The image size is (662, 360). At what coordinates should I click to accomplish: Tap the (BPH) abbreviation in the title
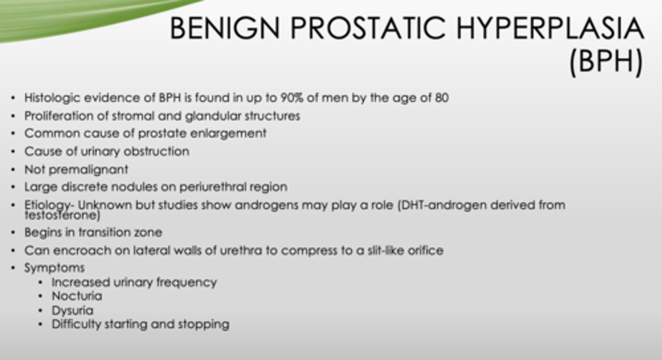point(605,63)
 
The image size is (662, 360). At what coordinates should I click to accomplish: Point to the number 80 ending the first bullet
point(441,98)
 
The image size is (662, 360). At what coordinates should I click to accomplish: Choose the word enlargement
point(234,134)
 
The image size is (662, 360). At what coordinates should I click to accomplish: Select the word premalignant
point(88,170)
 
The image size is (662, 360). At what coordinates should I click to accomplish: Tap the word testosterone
point(63,215)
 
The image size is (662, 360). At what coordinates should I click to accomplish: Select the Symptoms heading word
point(54,268)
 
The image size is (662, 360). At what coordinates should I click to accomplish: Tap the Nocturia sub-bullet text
point(77,296)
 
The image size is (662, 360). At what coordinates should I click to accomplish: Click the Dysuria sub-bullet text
point(72,311)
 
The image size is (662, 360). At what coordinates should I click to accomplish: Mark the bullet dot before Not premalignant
point(14,170)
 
